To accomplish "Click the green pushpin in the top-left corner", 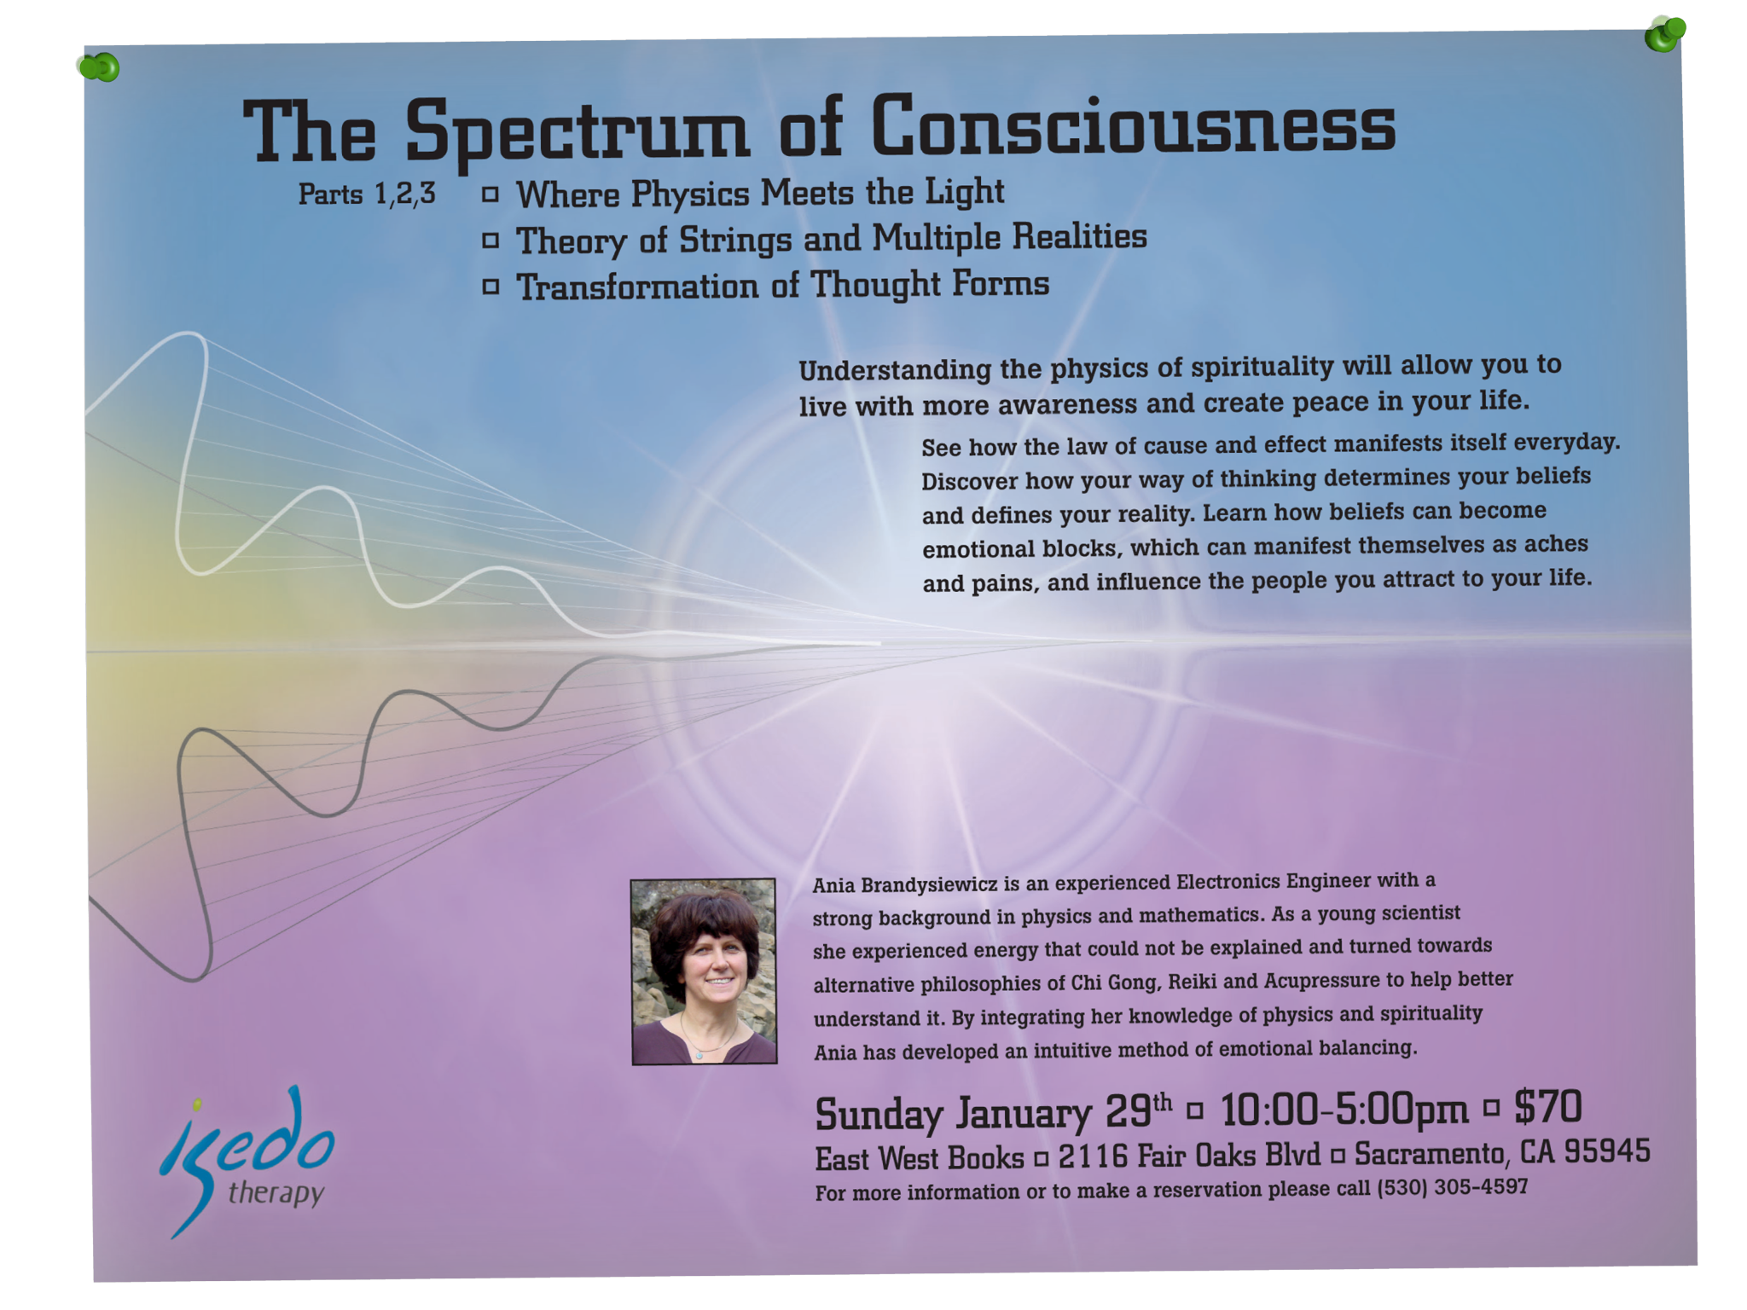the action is (x=99, y=67).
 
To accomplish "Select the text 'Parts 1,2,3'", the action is (x=367, y=194).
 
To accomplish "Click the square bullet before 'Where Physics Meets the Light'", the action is (x=490, y=194).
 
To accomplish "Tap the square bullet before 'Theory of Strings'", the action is (x=490, y=241).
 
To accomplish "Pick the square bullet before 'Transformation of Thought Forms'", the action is (x=490, y=287).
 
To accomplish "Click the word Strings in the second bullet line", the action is (x=735, y=241).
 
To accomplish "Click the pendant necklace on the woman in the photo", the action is (x=699, y=1056).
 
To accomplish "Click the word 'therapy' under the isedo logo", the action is (x=276, y=1191).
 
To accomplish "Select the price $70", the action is (x=1548, y=1106).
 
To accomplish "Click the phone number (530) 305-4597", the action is (x=1453, y=1187).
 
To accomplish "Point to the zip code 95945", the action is (x=1607, y=1151).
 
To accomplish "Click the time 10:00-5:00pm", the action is (x=1345, y=1110).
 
